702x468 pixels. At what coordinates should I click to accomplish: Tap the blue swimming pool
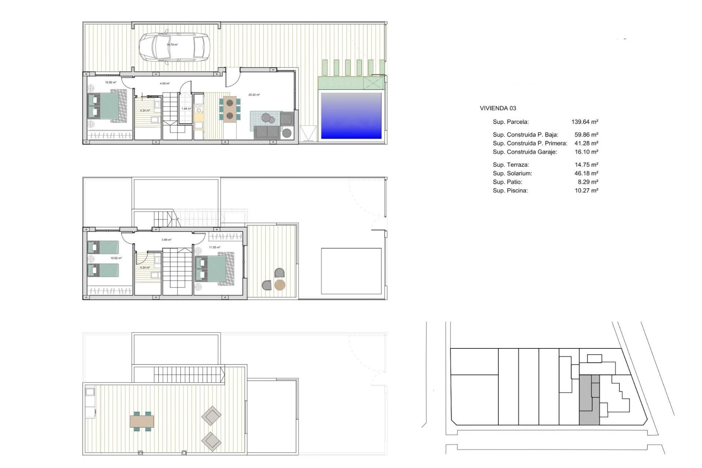pyautogui.click(x=351, y=116)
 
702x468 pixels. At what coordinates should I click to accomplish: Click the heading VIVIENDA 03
pyautogui.click(x=498, y=108)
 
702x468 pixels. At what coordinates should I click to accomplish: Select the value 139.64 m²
pyautogui.click(x=585, y=122)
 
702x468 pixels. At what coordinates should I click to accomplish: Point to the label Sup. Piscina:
pyautogui.click(x=510, y=190)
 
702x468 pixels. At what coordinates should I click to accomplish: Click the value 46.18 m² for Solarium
pyautogui.click(x=586, y=173)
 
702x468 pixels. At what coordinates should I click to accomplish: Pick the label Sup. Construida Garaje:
pyautogui.click(x=525, y=152)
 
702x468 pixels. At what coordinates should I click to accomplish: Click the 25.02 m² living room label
pyautogui.click(x=254, y=95)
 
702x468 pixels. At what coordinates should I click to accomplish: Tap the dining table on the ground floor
pyautogui.click(x=230, y=109)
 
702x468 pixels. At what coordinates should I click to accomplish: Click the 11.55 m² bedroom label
pyautogui.click(x=215, y=248)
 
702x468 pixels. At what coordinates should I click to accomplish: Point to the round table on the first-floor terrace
pyautogui.click(x=280, y=285)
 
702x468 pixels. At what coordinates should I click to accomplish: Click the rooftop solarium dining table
pyautogui.click(x=142, y=421)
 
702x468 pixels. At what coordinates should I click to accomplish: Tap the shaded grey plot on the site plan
pyautogui.click(x=588, y=400)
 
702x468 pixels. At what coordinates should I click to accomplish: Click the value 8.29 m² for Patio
pyautogui.click(x=588, y=182)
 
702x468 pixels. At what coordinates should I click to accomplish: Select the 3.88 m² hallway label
pyautogui.click(x=166, y=240)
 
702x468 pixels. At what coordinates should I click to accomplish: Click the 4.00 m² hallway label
pyautogui.click(x=165, y=83)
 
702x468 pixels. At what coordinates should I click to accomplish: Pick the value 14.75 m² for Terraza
pyautogui.click(x=586, y=165)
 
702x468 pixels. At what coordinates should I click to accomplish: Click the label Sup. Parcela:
pyautogui.click(x=510, y=122)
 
